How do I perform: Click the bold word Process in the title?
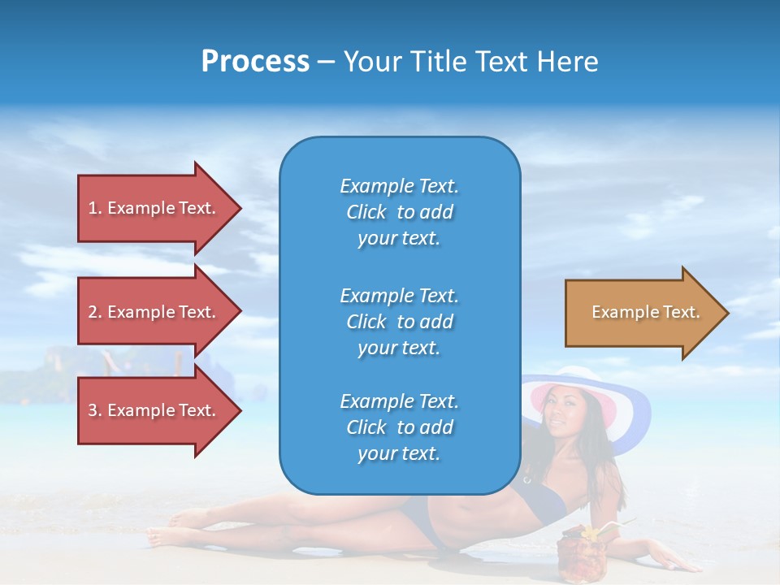pyautogui.click(x=255, y=62)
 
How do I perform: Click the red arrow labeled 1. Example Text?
pyautogui.click(x=154, y=208)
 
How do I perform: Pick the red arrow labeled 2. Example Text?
pyautogui.click(x=154, y=312)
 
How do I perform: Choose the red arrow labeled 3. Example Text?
pyautogui.click(x=154, y=410)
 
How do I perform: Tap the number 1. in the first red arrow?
pyautogui.click(x=95, y=208)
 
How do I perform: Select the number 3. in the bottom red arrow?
pyautogui.click(x=95, y=410)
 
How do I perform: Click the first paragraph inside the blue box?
pyautogui.click(x=399, y=212)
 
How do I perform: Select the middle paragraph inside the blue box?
pyautogui.click(x=399, y=321)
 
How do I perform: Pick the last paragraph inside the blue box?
pyautogui.click(x=399, y=427)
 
